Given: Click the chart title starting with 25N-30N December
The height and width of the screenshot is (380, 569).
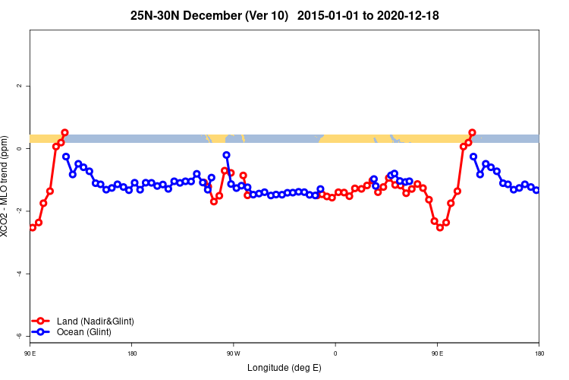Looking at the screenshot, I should point(284,15).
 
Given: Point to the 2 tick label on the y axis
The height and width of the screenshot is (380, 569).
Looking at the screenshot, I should point(19,86).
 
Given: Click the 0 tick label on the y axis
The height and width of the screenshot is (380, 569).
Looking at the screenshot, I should point(19,148).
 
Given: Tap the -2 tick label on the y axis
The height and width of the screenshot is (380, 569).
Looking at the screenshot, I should point(19,211).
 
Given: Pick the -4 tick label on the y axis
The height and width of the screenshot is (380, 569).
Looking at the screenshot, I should point(19,274).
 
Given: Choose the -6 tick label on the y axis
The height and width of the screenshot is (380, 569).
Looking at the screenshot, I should point(19,336).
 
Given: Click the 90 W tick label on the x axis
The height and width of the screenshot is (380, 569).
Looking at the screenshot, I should point(233,353).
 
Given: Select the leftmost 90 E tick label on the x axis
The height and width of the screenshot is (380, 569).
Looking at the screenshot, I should point(30,353).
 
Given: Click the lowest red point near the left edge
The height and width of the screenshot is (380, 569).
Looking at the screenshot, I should point(33,227).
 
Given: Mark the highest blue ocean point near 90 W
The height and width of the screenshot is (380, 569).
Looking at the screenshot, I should point(226,155).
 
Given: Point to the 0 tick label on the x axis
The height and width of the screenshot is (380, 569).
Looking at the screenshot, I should point(335,353).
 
